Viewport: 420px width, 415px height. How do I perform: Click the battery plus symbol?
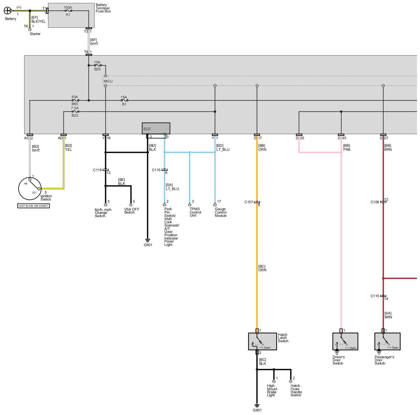click(7, 11)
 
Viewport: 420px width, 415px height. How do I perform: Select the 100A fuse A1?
click(68, 11)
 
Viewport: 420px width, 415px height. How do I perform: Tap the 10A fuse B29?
click(97, 65)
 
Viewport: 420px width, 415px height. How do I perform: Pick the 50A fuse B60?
click(75, 100)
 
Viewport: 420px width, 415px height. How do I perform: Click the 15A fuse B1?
click(124, 100)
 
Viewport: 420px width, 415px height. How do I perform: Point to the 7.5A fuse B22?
click(75, 112)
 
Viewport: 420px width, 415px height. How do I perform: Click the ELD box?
click(156, 128)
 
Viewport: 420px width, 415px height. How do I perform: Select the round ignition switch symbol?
click(30, 188)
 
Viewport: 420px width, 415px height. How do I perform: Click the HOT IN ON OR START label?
click(34, 206)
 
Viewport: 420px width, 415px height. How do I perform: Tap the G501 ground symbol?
click(148, 241)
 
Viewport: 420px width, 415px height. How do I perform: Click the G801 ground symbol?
click(257, 406)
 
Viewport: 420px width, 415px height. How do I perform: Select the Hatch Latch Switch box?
click(262, 342)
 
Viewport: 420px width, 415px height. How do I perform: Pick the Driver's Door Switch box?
click(345, 342)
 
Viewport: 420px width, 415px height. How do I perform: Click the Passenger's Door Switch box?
click(387, 342)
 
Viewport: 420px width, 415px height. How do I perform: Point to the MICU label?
click(108, 81)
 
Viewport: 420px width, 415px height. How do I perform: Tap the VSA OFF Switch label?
click(131, 211)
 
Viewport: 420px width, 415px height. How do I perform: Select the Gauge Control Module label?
click(221, 212)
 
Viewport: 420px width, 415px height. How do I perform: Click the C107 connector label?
click(249, 202)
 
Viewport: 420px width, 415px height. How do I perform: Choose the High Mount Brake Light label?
click(272, 390)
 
